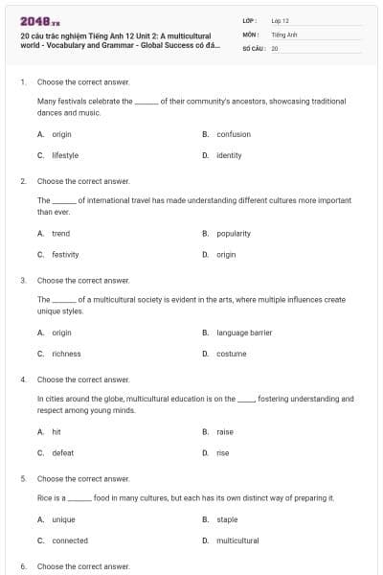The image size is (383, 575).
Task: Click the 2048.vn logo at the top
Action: (39, 20)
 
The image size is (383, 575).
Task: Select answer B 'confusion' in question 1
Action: (234, 134)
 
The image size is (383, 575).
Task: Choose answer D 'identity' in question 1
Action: (229, 154)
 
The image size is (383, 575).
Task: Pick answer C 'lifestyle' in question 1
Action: (65, 154)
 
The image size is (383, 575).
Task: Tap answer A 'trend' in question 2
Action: (60, 233)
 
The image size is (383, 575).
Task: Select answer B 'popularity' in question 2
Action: (234, 233)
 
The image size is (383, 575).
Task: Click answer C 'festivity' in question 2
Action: (65, 254)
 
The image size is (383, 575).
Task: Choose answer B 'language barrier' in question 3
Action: (244, 333)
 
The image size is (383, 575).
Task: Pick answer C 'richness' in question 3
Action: (66, 354)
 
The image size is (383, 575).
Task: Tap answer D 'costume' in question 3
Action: (231, 354)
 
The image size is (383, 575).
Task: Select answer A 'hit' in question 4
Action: (56, 432)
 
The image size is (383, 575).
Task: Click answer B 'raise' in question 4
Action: (225, 432)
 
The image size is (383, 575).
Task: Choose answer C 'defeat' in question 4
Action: (62, 452)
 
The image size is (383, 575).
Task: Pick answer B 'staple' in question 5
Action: (227, 519)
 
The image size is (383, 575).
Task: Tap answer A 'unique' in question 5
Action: (63, 519)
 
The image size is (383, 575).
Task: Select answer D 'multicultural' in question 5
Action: (237, 540)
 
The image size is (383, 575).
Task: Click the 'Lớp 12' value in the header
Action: (280, 20)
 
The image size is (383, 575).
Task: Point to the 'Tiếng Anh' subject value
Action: (284, 34)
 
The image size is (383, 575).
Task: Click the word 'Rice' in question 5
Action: (44, 498)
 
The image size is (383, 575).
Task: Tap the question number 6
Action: (23, 566)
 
